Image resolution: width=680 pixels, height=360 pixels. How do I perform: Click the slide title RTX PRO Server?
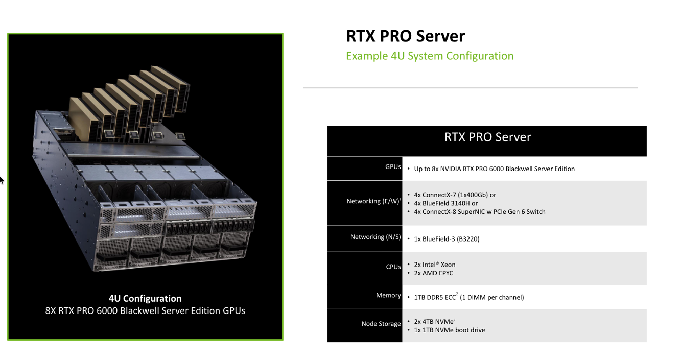tap(405, 36)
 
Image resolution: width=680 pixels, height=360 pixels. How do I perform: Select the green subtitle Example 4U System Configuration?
tap(430, 56)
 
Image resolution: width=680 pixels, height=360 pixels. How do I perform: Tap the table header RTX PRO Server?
tap(487, 137)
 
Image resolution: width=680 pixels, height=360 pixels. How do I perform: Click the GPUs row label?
tap(393, 167)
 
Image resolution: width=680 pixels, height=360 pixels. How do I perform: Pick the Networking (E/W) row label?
tap(373, 201)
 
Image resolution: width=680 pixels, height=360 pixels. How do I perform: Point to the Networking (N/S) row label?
tap(376, 237)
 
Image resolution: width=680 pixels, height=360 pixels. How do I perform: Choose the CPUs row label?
tap(393, 267)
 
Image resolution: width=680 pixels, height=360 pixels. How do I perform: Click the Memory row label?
tap(388, 295)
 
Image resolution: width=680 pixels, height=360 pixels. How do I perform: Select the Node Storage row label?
tap(381, 324)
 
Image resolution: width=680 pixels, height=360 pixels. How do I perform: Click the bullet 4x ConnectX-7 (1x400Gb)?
tap(455, 195)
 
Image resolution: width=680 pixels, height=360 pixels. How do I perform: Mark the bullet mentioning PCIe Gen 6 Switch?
tap(479, 211)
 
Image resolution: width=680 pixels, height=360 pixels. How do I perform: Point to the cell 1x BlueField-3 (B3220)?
tap(447, 239)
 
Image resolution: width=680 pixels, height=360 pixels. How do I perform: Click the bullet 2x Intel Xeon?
tap(434, 265)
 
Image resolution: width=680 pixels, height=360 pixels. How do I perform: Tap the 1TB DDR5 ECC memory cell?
tap(468, 297)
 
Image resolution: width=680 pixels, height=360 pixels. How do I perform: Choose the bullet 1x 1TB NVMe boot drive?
tap(449, 330)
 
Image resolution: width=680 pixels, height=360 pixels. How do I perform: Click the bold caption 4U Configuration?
tap(145, 299)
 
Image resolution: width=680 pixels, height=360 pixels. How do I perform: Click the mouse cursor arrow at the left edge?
tap(2, 179)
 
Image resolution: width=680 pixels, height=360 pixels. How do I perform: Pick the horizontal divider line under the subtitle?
tap(470, 88)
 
